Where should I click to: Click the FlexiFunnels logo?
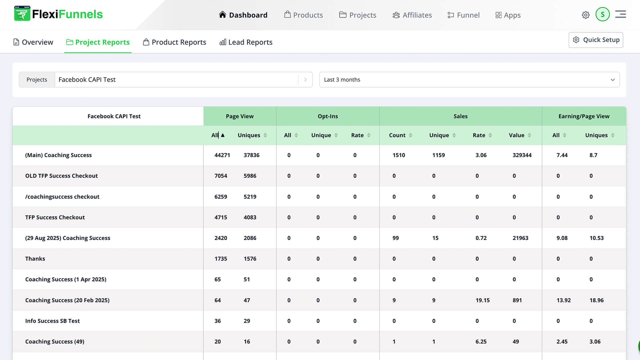pyautogui.click(x=58, y=14)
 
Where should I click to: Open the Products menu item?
pyautogui.click(x=303, y=15)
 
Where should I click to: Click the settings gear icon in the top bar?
pyautogui.click(x=586, y=15)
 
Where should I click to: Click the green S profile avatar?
pyautogui.click(x=602, y=14)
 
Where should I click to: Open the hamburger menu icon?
pyautogui.click(x=620, y=14)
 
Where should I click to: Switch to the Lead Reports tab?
pyautogui.click(x=246, y=42)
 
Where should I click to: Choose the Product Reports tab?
pyautogui.click(x=174, y=42)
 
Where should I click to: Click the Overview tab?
pyautogui.click(x=33, y=42)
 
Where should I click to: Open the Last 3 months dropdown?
pyautogui.click(x=469, y=80)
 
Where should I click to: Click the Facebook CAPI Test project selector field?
pyautogui.click(x=177, y=80)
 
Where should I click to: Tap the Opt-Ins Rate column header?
pyautogui.click(x=360, y=135)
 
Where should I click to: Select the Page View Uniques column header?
pyautogui.click(x=252, y=135)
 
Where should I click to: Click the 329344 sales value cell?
pyautogui.click(x=522, y=155)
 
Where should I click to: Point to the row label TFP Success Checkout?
pyautogui.click(x=55, y=217)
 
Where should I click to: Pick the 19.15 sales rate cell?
pyautogui.click(x=482, y=300)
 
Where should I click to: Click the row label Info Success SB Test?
pyautogui.click(x=52, y=321)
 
